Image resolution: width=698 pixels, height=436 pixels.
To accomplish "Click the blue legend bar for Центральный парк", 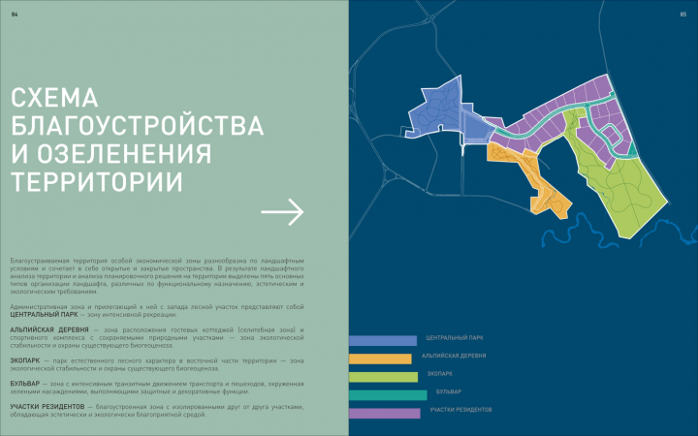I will coord(382,341).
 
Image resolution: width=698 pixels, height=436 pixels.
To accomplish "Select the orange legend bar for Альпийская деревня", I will coord(380,358).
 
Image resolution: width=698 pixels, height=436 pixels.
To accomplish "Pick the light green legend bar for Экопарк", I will coord(383,376).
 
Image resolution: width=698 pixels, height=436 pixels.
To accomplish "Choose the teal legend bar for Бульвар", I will coord(388,394).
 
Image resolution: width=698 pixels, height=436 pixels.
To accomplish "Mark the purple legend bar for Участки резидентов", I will coord(384,412).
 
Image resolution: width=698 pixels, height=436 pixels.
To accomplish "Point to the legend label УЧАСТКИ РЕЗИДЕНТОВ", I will coord(460,410).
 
